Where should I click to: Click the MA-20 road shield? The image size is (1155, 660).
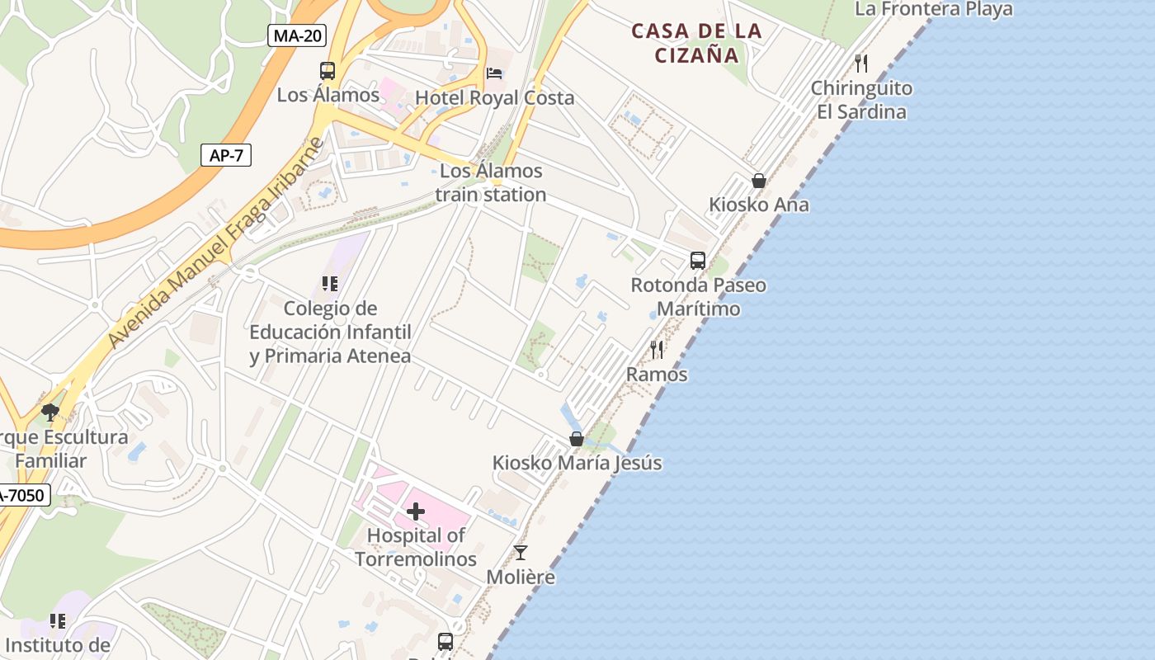(x=297, y=35)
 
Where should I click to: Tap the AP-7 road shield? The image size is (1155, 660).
(x=226, y=155)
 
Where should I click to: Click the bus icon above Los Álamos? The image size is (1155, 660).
(x=328, y=71)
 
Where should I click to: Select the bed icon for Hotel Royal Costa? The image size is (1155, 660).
(x=494, y=73)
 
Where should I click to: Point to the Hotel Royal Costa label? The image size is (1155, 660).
(x=494, y=97)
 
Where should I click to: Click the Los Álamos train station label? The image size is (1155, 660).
(x=491, y=182)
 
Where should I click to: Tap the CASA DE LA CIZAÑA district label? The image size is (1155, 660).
(x=697, y=43)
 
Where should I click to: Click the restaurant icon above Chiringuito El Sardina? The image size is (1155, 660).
(x=861, y=63)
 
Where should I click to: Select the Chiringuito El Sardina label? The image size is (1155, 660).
(x=861, y=100)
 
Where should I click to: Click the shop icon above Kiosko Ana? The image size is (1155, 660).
(x=759, y=181)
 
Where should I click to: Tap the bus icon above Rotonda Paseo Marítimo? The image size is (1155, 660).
(x=698, y=261)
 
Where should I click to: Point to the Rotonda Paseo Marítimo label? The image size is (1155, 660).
(x=698, y=297)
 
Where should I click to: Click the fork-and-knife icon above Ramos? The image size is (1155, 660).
(x=657, y=350)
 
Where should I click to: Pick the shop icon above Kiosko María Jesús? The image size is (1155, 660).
(x=577, y=439)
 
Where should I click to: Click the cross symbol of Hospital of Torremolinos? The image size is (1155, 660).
(x=416, y=511)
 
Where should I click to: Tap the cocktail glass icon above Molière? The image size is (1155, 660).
(x=521, y=553)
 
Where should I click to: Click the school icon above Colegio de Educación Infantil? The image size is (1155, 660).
(x=330, y=285)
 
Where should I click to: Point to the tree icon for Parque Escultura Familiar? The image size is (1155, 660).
(x=50, y=412)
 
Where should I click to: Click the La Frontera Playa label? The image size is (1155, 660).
(x=934, y=9)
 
